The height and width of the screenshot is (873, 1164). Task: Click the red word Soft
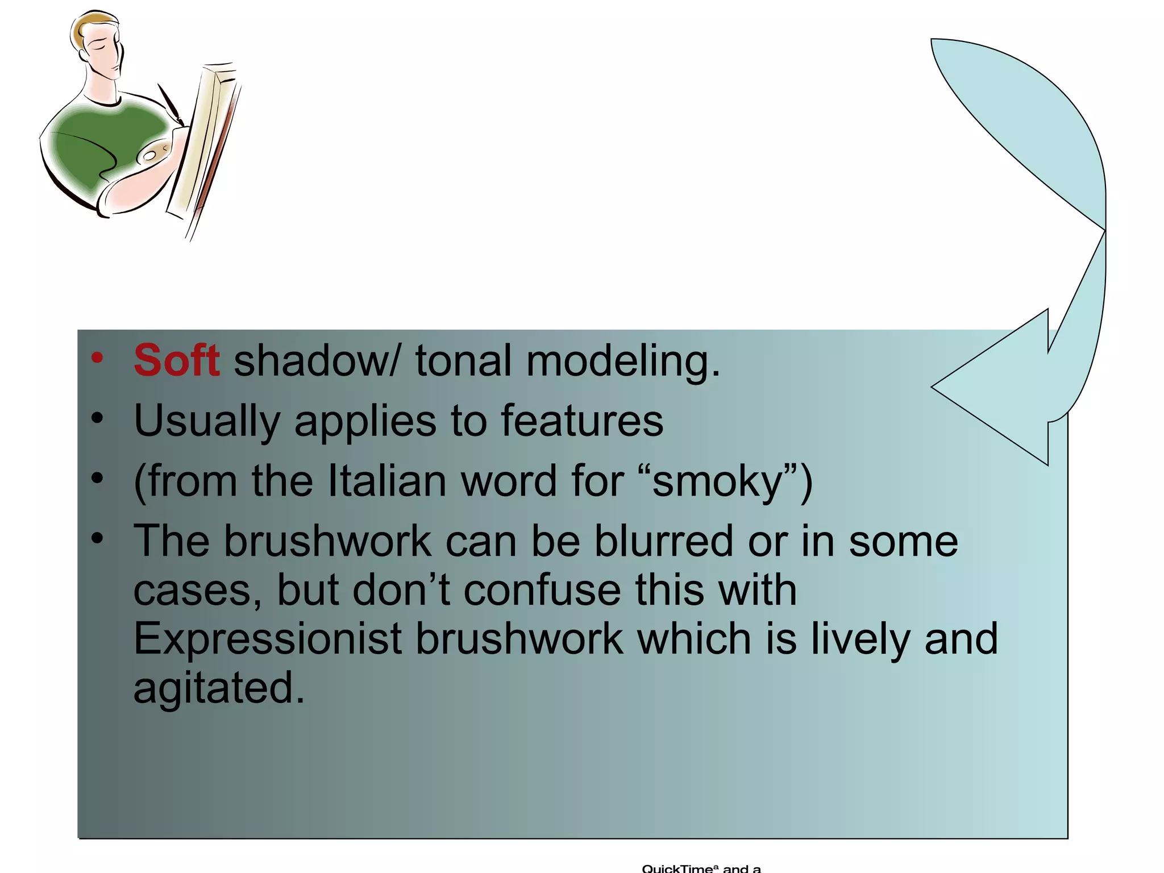176,361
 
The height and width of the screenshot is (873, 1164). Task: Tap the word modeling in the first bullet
622,362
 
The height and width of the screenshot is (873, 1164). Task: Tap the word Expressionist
268,639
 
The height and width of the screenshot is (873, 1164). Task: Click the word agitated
219,688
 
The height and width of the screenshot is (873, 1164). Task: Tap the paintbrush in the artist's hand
169,102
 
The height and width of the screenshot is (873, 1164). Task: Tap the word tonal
463,361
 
